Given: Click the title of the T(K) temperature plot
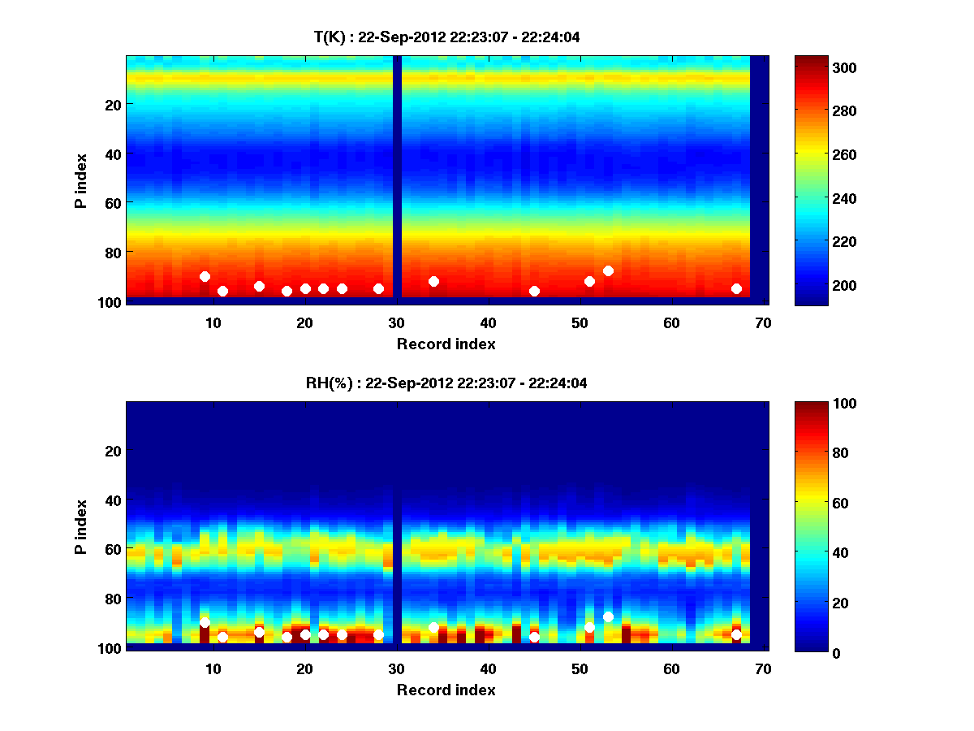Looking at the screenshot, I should (447, 37).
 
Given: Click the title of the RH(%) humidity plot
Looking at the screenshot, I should (447, 383).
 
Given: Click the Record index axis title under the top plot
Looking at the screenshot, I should (446, 344).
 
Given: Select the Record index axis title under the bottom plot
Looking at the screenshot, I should (446, 690).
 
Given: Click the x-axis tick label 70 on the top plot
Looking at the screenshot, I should (763, 322).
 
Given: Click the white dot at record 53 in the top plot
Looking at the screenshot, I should (608, 270).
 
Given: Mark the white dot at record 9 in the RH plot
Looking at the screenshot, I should (205, 623).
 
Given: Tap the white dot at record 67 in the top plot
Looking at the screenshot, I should (736, 288).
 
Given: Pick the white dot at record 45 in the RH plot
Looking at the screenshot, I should (534, 638).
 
